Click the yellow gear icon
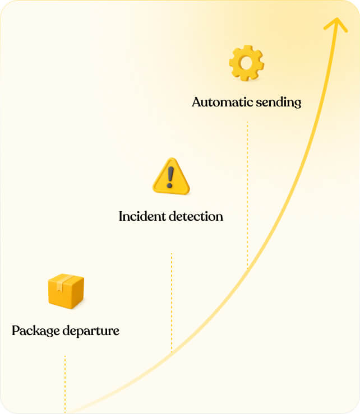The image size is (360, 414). coord(246,63)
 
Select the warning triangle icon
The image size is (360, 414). coord(171,176)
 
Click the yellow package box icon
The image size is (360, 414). coord(66,291)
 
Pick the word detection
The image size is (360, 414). coord(197,216)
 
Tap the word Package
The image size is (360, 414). coord(35,331)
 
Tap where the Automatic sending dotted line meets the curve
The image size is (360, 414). coord(247,268)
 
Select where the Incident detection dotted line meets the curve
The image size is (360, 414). coord(172,352)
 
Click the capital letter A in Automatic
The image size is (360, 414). coord(196,103)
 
